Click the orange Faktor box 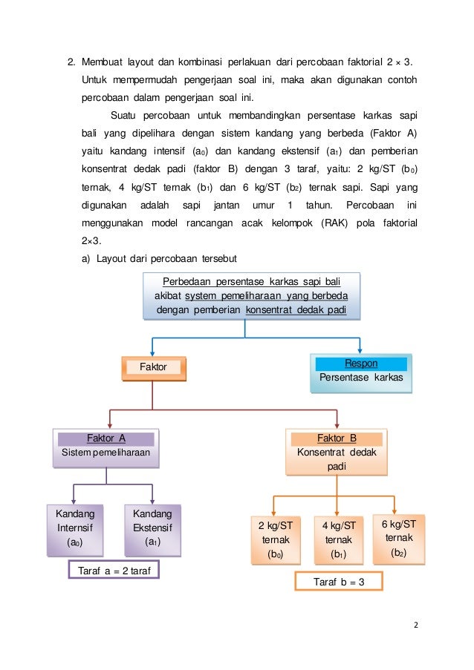tap(154, 367)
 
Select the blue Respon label tap(361, 364)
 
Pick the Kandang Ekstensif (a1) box tap(152, 528)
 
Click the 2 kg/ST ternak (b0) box tap(275, 539)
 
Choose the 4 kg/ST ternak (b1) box tap(339, 539)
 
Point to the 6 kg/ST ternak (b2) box tap(399, 538)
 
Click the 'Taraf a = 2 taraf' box tap(114, 571)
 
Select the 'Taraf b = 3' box tap(339, 582)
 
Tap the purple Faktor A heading tap(106, 439)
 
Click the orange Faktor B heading tap(337, 439)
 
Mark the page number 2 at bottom tap(416, 624)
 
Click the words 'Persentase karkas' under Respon tap(361, 378)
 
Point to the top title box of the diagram tap(250, 296)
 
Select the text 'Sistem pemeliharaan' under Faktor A tap(106, 451)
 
